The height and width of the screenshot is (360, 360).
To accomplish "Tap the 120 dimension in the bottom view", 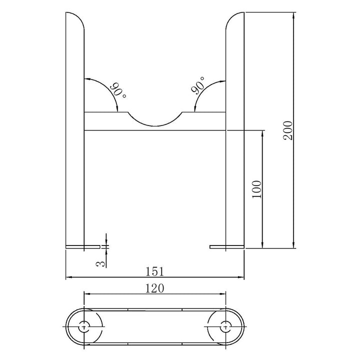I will [x=155, y=287].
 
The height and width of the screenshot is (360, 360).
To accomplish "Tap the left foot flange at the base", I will [x=83, y=246].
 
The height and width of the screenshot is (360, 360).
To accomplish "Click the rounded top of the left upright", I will [x=75, y=20].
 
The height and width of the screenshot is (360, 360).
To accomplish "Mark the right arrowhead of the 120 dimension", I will [x=224, y=293].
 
